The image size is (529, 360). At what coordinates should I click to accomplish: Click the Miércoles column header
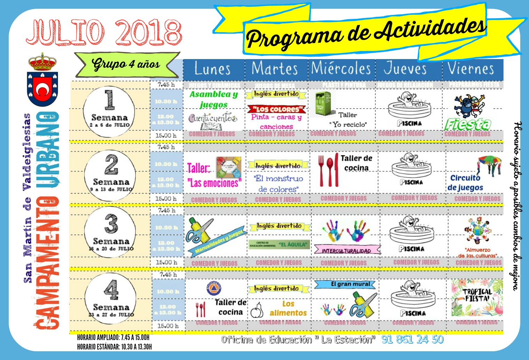pos(341,69)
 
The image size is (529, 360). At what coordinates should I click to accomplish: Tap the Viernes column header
pos(471,69)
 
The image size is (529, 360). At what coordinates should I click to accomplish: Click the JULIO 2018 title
pos(104,33)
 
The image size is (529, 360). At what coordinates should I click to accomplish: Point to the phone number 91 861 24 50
pos(412,339)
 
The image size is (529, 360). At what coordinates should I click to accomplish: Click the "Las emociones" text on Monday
pos(214,183)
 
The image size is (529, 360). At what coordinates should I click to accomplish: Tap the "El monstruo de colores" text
pos(278,184)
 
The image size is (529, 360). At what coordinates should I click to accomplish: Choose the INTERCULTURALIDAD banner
pos(347,250)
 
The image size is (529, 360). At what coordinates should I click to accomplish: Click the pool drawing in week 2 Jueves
pos(411,166)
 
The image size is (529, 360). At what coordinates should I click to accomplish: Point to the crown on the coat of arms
pos(42,62)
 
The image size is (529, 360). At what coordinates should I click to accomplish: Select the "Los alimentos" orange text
pos(288,308)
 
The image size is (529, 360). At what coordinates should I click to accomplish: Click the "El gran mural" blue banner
pos(345,285)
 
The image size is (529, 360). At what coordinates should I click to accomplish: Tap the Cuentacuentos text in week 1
pos(212,119)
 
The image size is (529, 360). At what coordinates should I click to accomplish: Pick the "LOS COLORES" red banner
pos(277,109)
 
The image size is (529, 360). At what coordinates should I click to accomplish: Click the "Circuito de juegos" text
pos(465,183)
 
